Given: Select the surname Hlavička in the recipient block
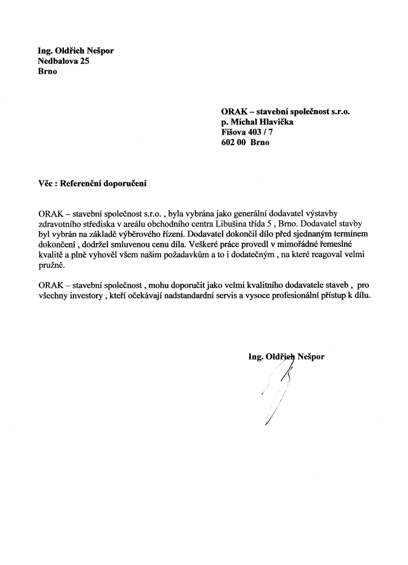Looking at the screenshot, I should click(x=273, y=122).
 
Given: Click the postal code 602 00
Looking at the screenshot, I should click(x=233, y=142).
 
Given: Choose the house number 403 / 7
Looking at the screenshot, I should click(x=263, y=132).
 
